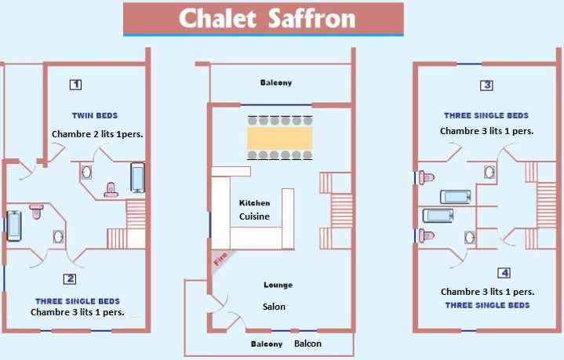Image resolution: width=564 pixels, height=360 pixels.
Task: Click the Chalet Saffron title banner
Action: coord(264,20)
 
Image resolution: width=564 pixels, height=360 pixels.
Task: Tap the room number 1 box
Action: coord(75,85)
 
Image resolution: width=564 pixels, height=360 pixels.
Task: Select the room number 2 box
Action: coord(70,279)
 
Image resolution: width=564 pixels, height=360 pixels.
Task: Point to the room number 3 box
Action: coord(486,85)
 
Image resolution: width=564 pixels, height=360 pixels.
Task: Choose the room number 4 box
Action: coord(504,273)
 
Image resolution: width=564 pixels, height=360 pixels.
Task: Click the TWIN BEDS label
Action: coord(95,116)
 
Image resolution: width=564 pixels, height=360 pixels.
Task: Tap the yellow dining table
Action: coord(280,138)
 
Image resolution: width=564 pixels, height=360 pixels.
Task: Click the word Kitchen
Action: coord(254,203)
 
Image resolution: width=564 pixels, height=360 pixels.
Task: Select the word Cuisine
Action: coord(254,216)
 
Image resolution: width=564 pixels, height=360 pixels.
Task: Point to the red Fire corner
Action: coord(220,260)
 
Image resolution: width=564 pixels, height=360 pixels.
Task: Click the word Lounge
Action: coord(278,285)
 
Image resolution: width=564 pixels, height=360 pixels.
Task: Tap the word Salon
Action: coord(274,307)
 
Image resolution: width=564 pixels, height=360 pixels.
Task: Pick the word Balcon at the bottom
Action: coord(308,344)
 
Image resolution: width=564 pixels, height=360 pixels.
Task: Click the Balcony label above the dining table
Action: coord(276,82)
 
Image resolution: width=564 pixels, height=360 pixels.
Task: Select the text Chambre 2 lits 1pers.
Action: coord(97,134)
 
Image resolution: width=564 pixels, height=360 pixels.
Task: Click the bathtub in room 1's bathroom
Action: coord(137,178)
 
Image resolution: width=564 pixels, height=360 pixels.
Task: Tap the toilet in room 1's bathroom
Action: coord(111,191)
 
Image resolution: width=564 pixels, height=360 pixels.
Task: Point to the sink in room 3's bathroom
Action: coord(489,173)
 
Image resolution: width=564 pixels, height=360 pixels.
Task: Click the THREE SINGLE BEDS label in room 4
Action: coord(487,305)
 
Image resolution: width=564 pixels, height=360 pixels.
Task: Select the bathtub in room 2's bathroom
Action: coord(14,226)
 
